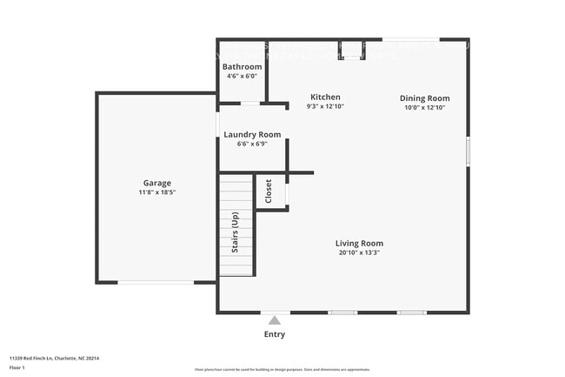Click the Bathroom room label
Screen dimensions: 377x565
(242, 67)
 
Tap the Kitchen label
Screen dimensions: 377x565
(326, 98)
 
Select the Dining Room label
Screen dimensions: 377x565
(424, 98)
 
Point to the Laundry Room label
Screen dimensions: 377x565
(252, 134)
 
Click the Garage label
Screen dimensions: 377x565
(157, 183)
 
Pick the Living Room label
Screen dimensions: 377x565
(359, 243)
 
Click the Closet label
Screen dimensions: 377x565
(269, 191)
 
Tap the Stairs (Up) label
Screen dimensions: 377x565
(235, 232)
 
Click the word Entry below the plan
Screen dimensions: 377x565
(274, 334)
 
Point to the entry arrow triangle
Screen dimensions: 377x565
(275, 320)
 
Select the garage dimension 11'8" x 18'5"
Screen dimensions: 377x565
(157, 192)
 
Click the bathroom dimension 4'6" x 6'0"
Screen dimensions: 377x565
(242, 77)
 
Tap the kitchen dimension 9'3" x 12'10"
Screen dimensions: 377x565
(326, 107)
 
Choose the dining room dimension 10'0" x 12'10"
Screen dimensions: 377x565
(424, 108)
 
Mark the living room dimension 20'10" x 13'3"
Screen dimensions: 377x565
(359, 252)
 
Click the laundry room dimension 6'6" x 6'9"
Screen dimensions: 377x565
(252, 144)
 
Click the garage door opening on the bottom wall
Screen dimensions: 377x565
(156, 282)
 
